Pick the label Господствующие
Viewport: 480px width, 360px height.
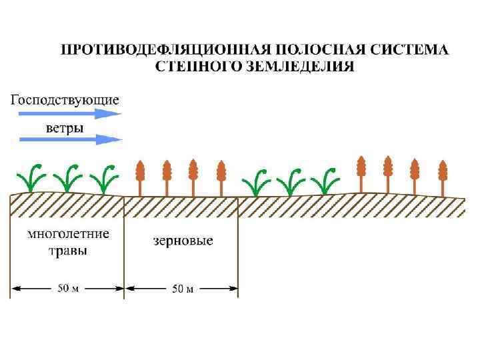tap(65, 100)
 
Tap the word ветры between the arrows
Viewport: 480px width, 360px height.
tap(64, 127)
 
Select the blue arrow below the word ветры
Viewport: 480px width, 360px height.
tap(71, 139)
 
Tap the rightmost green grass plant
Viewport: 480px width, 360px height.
tap(326, 180)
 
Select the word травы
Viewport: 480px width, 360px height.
tap(68, 251)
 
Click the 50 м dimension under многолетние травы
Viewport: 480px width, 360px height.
tap(68, 289)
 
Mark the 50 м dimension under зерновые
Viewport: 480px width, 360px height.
tap(183, 289)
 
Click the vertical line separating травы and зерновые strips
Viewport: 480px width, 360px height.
tap(124, 247)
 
